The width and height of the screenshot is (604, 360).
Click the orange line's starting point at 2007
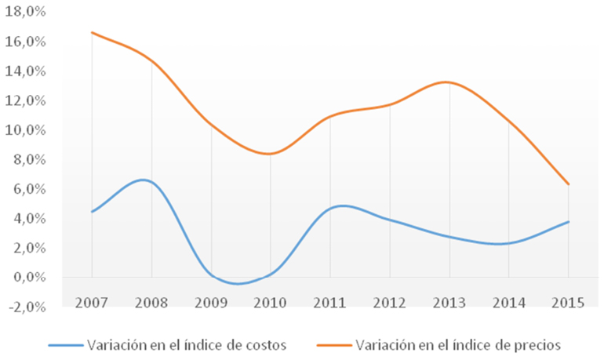pyautogui.click(x=92, y=32)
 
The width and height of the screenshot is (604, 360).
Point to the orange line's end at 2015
pyautogui.click(x=569, y=184)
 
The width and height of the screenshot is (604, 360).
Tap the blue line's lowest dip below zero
pyautogui.click(x=238, y=284)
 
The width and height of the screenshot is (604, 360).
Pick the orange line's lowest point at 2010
pyautogui.click(x=269, y=154)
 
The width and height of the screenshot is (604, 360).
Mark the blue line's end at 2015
pyautogui.click(x=569, y=221)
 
